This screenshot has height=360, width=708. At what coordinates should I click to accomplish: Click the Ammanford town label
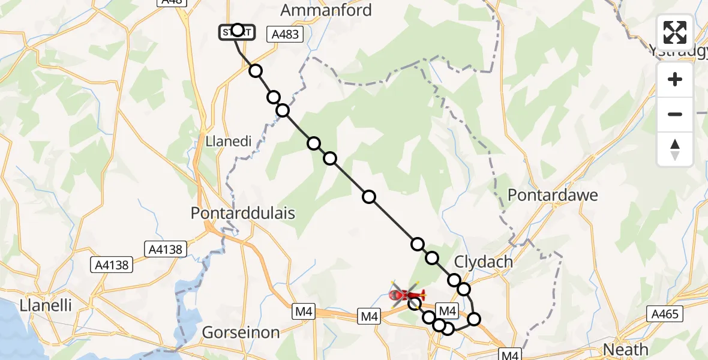click(327, 10)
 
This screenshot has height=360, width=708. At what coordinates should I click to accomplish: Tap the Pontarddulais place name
click(242, 213)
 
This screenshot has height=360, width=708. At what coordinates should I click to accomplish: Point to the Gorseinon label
click(241, 332)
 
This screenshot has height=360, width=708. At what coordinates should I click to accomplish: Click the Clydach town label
click(484, 262)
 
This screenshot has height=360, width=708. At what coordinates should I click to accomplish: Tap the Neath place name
click(626, 349)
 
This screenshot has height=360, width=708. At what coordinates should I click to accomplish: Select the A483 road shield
click(285, 35)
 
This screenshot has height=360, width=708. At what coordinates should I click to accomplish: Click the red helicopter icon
click(407, 294)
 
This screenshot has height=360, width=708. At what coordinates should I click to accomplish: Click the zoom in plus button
click(675, 80)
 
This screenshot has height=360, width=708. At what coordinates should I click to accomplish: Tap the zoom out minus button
click(675, 114)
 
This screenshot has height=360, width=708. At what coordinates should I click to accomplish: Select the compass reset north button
click(675, 149)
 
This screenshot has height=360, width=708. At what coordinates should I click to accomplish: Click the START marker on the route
click(237, 31)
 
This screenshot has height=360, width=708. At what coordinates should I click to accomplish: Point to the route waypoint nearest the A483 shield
click(256, 71)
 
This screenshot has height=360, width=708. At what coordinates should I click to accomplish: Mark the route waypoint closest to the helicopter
click(415, 304)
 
